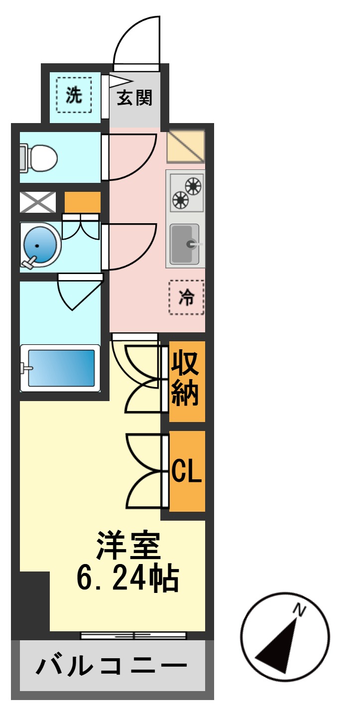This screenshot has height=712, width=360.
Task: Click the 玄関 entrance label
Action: [x=134, y=98]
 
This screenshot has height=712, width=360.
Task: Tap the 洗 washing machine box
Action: [x=74, y=95]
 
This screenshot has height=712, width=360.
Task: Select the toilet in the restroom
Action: [x=39, y=157]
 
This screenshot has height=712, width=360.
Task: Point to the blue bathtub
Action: [x=61, y=368]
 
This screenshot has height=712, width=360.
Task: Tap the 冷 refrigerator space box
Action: [x=187, y=297]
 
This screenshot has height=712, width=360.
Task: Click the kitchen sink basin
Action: [x=185, y=244]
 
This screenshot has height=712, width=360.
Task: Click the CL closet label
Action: [x=187, y=471]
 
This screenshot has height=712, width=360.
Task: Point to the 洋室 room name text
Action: [x=128, y=547]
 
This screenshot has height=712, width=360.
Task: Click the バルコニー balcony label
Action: [x=112, y=666]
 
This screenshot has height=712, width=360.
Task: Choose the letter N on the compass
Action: [x=299, y=609]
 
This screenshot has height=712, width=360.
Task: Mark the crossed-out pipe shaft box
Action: [x=38, y=202]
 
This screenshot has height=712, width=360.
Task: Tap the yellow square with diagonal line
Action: [x=185, y=146]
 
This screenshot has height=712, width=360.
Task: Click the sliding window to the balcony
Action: [x=133, y=635]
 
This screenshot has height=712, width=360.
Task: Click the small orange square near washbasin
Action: [x=82, y=202]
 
